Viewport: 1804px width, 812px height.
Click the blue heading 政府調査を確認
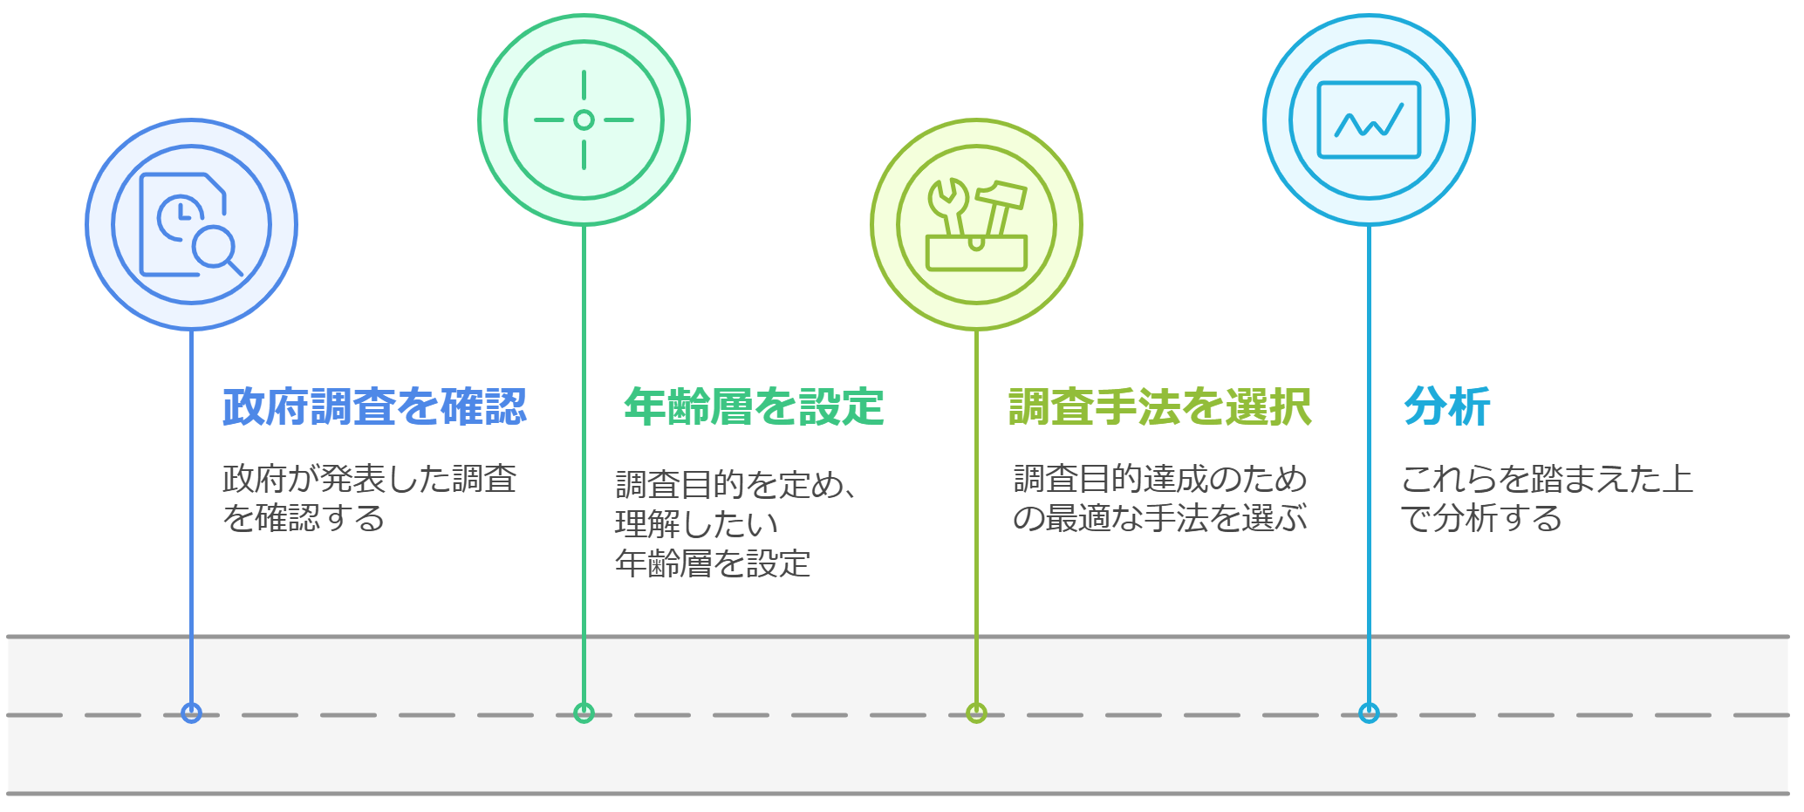click(374, 407)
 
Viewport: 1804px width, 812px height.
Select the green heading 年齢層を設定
click(754, 407)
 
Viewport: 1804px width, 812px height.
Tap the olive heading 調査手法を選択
click(1159, 407)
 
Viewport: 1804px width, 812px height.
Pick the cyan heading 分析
click(1446, 407)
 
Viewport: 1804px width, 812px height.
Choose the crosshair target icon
click(584, 120)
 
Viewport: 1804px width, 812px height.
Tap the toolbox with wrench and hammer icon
click(976, 225)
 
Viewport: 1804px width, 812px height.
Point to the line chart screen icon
click(1369, 120)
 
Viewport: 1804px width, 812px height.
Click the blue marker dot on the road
click(191, 713)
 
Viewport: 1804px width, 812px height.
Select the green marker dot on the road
click(584, 713)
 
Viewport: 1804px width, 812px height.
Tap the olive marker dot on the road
click(976, 713)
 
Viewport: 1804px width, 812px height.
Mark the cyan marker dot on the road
click(1369, 713)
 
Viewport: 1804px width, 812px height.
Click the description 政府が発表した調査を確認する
click(369, 498)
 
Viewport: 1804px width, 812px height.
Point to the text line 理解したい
click(696, 524)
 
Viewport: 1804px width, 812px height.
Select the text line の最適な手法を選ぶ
click(1159, 518)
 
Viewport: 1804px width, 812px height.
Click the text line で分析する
click(1480, 518)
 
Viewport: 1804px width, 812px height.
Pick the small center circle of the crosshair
click(584, 120)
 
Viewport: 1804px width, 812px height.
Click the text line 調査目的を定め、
click(735, 484)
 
